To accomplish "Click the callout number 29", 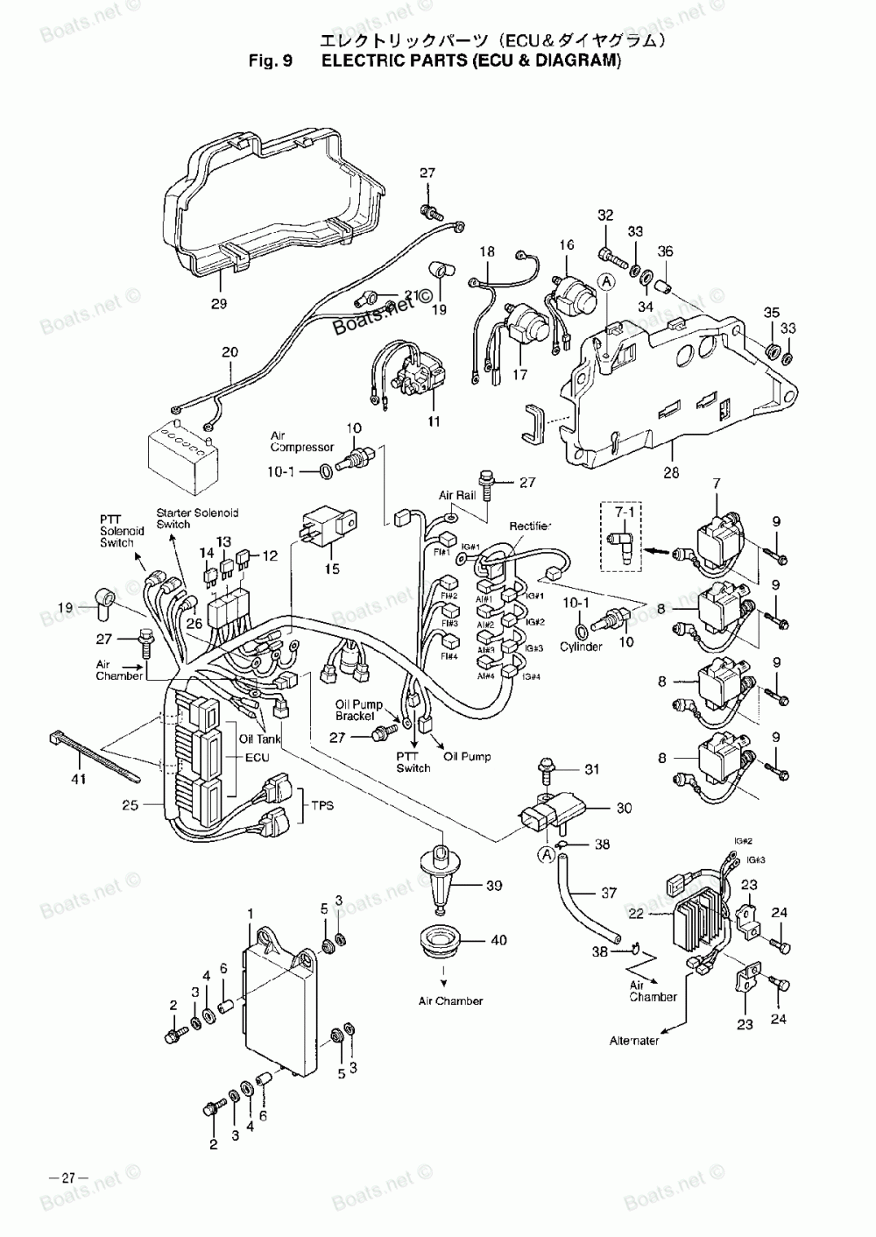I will [x=219, y=304].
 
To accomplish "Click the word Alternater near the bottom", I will [x=634, y=1042].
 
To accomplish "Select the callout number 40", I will [x=498, y=941].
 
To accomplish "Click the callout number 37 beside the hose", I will [x=609, y=894].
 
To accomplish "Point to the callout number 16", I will [x=566, y=246].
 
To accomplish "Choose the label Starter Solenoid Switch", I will [x=197, y=519].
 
